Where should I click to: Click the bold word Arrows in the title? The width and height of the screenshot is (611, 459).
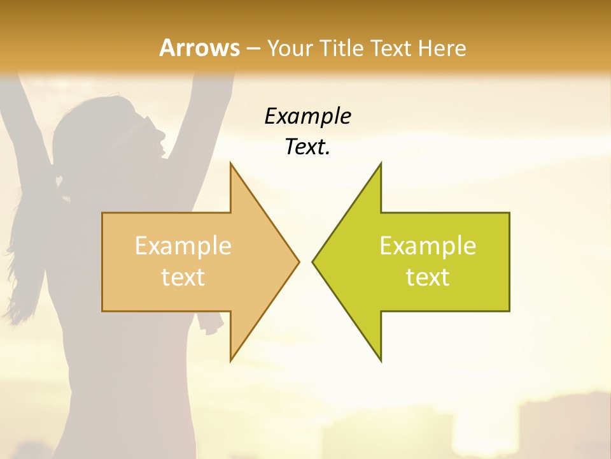click(199, 48)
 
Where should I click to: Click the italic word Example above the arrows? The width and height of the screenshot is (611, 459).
click(307, 116)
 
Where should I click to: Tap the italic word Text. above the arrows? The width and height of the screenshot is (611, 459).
click(307, 147)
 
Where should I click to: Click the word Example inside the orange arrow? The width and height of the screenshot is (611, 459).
click(183, 246)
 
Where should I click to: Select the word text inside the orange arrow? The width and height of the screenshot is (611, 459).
click(183, 277)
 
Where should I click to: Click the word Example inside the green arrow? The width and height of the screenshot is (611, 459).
click(428, 246)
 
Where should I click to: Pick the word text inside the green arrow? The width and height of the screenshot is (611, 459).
click(428, 277)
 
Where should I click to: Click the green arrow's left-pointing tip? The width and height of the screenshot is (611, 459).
click(314, 261)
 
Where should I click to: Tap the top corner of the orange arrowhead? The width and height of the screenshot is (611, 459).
click(231, 164)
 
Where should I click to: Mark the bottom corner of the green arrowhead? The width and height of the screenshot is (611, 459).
click(381, 360)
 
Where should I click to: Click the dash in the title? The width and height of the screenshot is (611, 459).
click(253, 48)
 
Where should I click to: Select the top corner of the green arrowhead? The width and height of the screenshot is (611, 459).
click(381, 164)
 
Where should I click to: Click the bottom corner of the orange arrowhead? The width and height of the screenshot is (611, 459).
click(231, 360)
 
